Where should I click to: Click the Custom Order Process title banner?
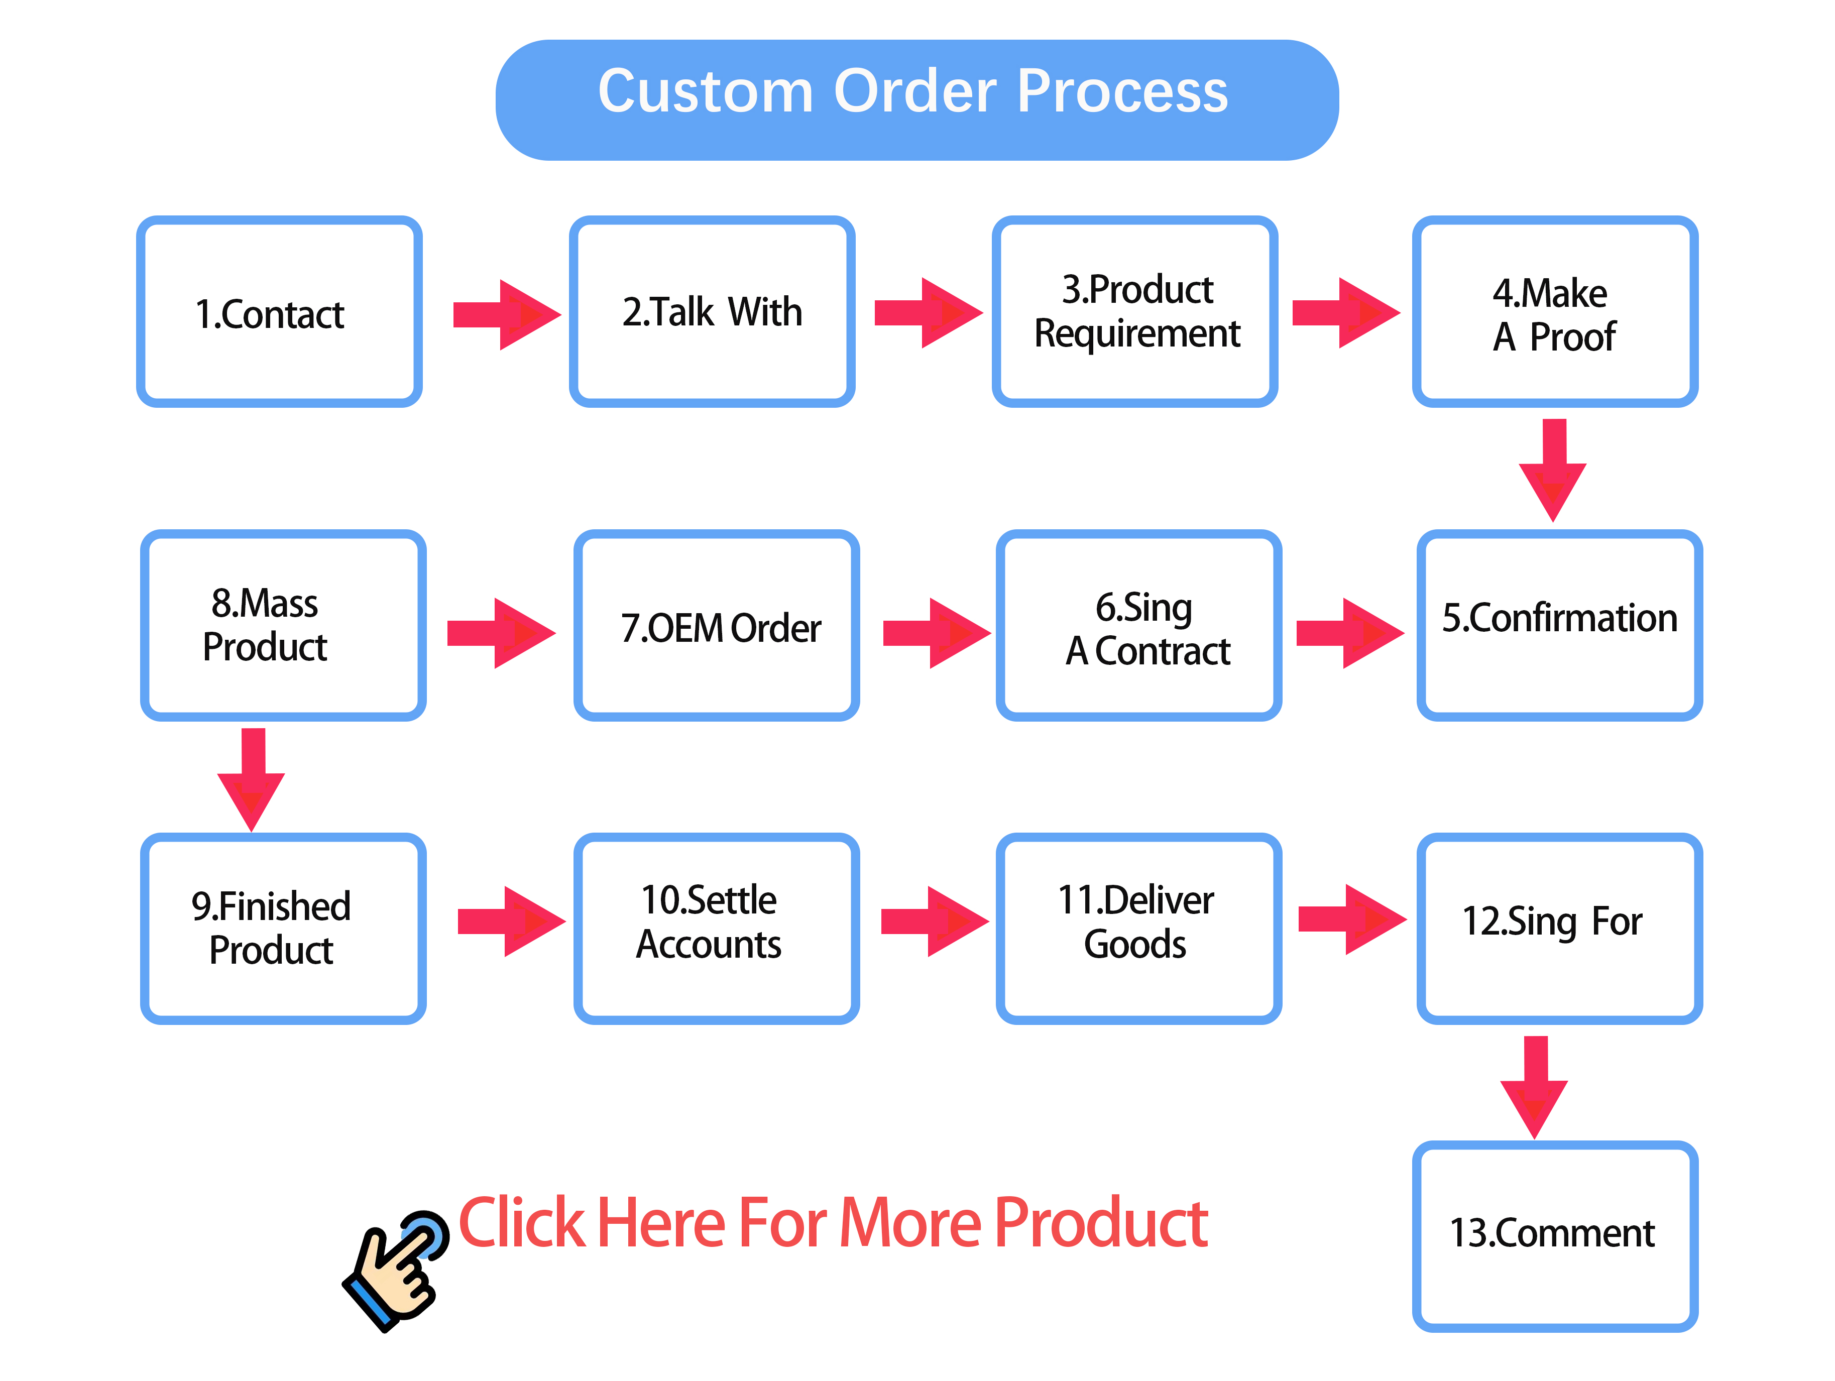pyautogui.click(x=916, y=99)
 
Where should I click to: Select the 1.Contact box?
pyautogui.click(x=280, y=312)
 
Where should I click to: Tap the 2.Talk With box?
pyautogui.click(x=712, y=312)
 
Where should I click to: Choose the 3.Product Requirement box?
pyautogui.click(x=1135, y=312)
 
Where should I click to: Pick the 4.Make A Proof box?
pyautogui.click(x=1555, y=312)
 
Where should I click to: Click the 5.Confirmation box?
pyautogui.click(x=1560, y=625)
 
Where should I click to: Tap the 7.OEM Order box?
pyautogui.click(x=717, y=625)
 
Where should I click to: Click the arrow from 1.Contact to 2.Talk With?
pyautogui.click(x=507, y=315)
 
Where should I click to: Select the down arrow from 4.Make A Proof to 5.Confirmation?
pyautogui.click(x=1553, y=470)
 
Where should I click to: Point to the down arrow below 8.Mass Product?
pyautogui.click(x=252, y=780)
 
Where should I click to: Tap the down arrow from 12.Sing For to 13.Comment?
pyautogui.click(x=1535, y=1087)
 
